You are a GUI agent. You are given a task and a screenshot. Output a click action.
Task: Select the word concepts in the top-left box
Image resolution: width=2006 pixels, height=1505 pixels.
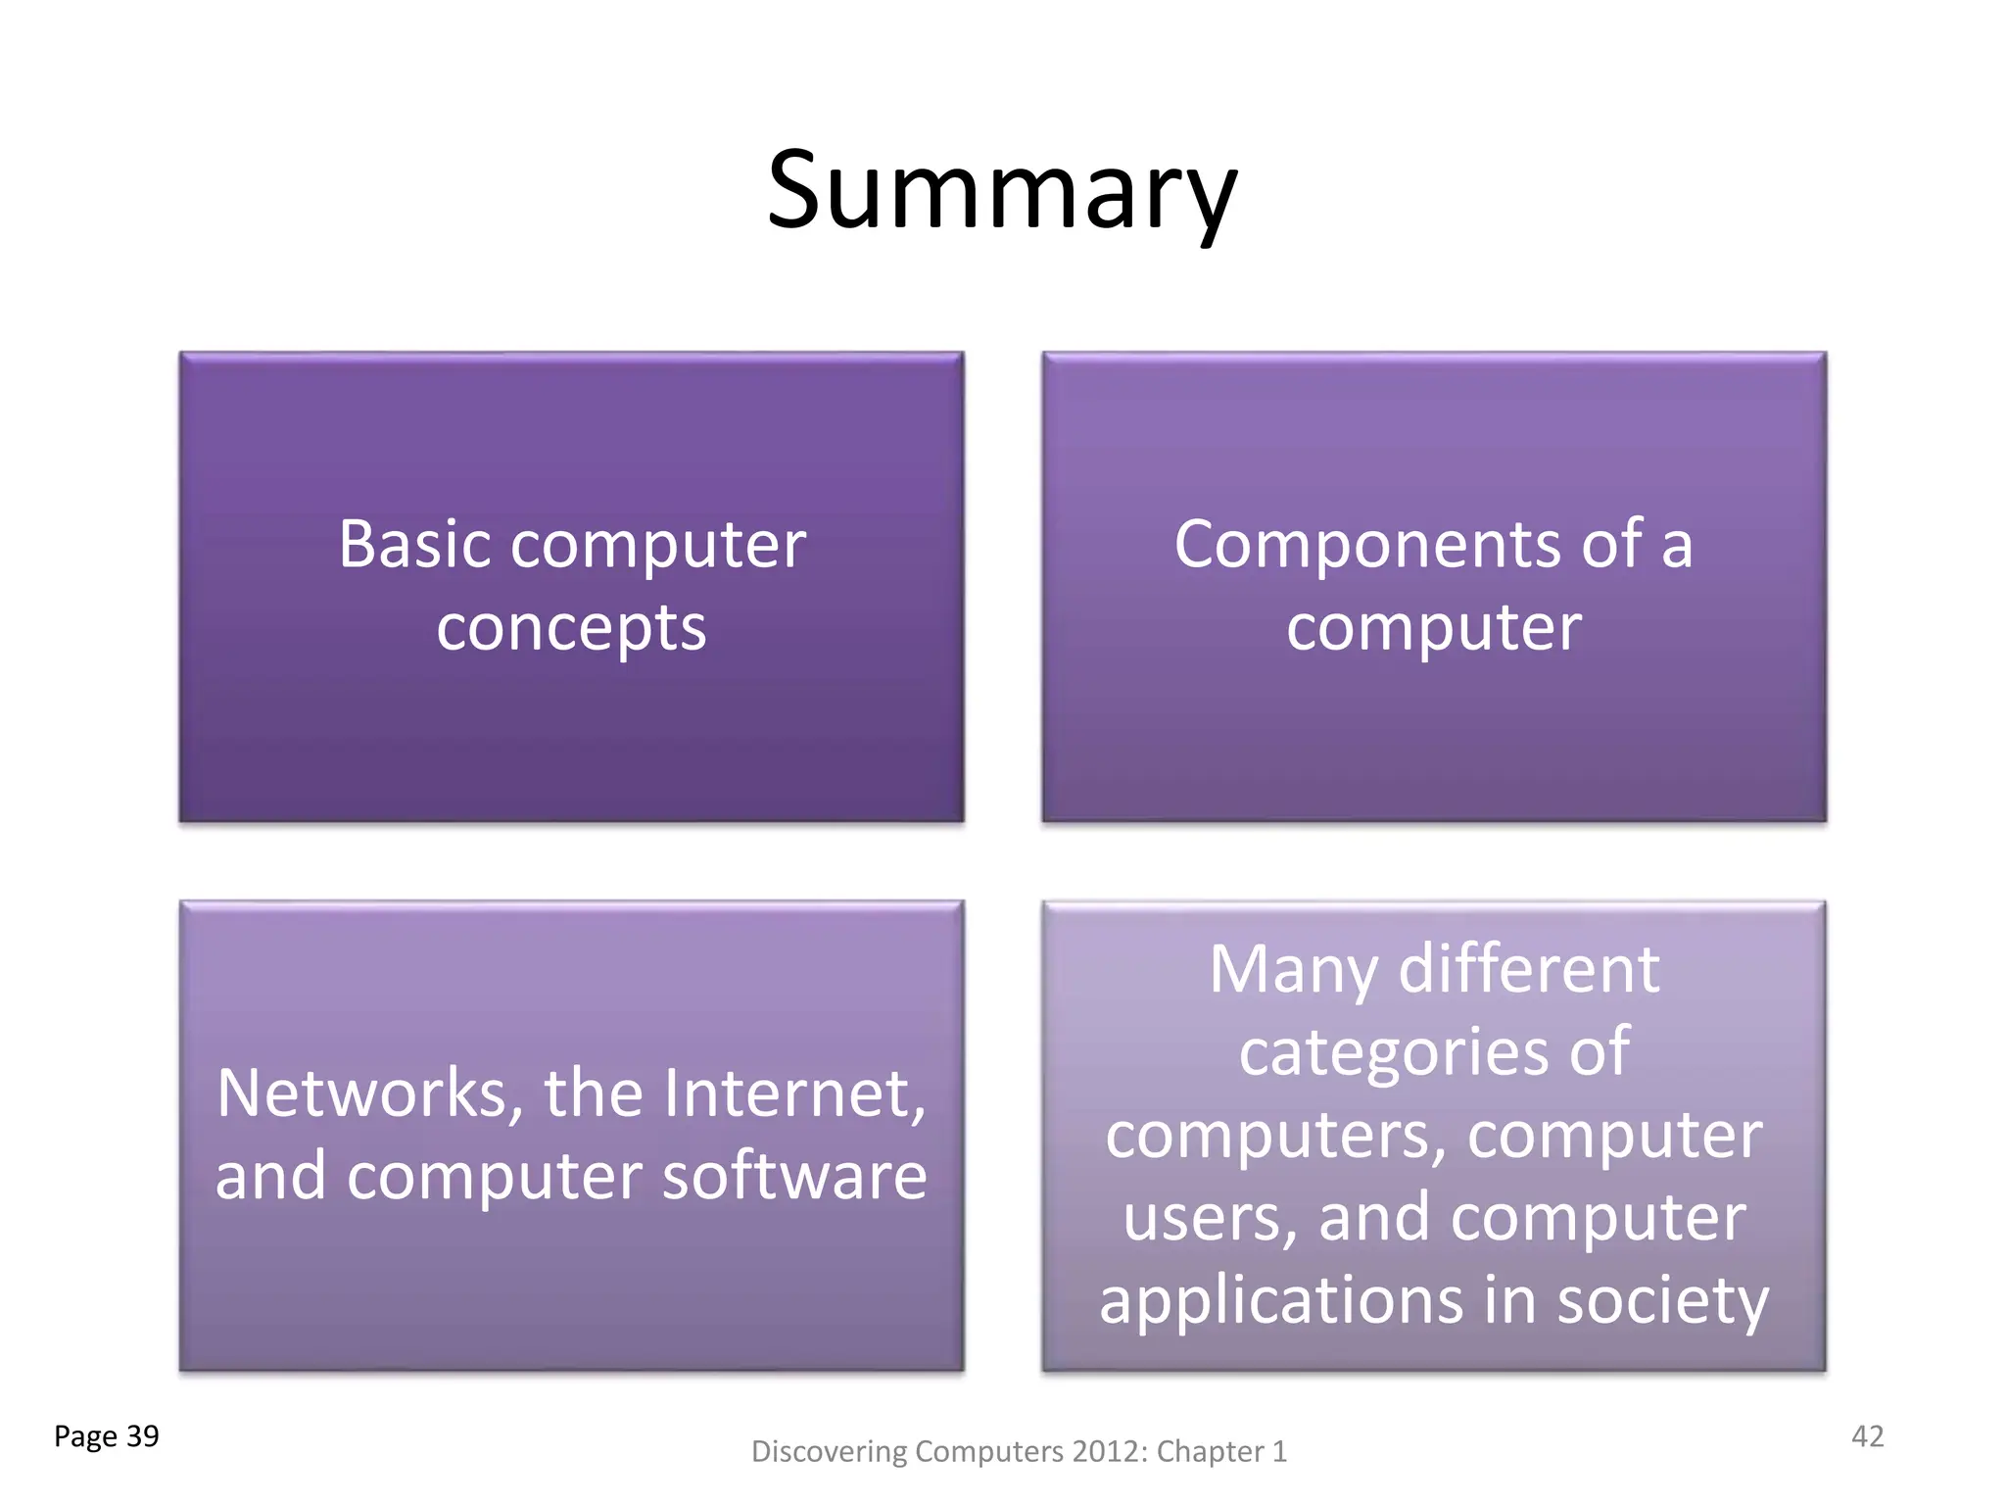[x=571, y=628]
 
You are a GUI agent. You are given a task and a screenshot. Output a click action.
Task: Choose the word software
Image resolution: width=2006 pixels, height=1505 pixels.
[x=794, y=1176]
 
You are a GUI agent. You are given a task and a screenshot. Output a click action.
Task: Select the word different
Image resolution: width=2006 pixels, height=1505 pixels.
[x=1529, y=970]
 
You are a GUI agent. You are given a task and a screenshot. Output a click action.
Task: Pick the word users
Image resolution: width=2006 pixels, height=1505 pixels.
[x=1210, y=1218]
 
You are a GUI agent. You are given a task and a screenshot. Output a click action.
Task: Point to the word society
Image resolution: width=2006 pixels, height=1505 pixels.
[x=1662, y=1301]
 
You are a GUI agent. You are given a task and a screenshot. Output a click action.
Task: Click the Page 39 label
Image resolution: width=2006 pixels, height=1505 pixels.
[x=106, y=1436]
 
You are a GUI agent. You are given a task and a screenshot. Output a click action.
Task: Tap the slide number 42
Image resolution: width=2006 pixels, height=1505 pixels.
[x=1867, y=1436]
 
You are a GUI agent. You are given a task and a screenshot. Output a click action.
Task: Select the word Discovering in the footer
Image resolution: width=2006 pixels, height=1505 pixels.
[x=829, y=1451]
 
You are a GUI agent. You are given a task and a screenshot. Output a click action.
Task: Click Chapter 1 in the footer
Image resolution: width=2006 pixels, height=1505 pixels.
[x=1220, y=1451]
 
